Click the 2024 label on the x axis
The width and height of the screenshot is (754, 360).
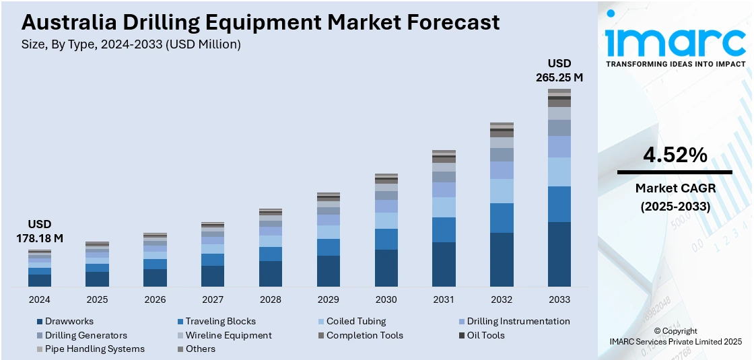point(40,299)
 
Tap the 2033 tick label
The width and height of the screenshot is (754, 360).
point(559,299)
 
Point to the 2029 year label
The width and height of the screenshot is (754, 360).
point(328,299)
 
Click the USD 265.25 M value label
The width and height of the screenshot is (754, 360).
point(559,71)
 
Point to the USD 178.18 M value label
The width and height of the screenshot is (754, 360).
point(40,231)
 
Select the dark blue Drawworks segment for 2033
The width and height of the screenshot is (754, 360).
point(559,254)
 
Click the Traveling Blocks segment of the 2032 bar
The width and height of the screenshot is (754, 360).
point(502,218)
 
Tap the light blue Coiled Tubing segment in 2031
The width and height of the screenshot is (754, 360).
point(444,207)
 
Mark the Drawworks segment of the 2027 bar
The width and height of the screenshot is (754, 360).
point(213,276)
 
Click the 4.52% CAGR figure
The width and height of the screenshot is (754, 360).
point(675,155)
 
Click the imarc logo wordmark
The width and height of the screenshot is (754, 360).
point(675,42)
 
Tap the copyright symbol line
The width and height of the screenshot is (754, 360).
point(675,331)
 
